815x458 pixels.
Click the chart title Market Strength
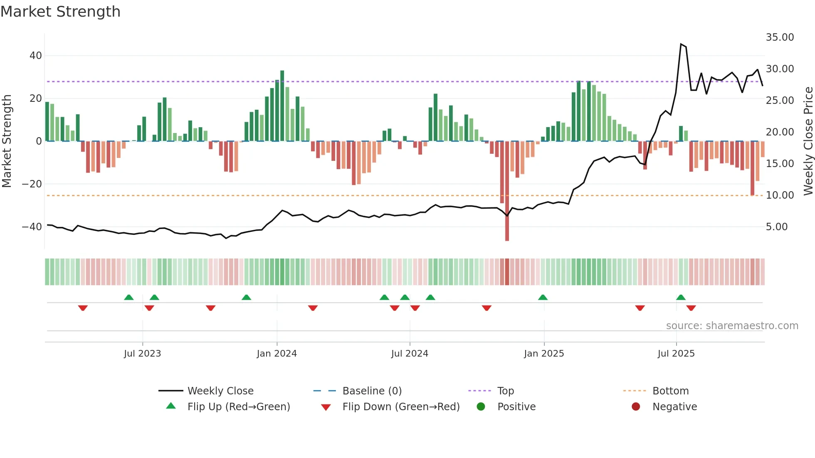(60, 12)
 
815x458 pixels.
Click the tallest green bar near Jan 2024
(282, 106)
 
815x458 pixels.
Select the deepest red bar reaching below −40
(507, 191)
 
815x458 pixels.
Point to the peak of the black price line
(681, 44)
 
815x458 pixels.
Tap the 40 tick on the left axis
(36, 56)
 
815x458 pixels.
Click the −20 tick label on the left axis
(32, 184)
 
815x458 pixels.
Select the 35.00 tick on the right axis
(780, 37)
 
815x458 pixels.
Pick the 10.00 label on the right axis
(780, 195)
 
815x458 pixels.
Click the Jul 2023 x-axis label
(142, 354)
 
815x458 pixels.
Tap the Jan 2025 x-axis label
(543, 354)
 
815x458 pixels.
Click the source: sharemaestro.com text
(732, 326)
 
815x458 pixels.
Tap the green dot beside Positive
(481, 407)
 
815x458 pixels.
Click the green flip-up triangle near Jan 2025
(543, 297)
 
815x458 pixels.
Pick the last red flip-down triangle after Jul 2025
(691, 308)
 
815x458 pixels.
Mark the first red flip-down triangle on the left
(83, 308)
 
